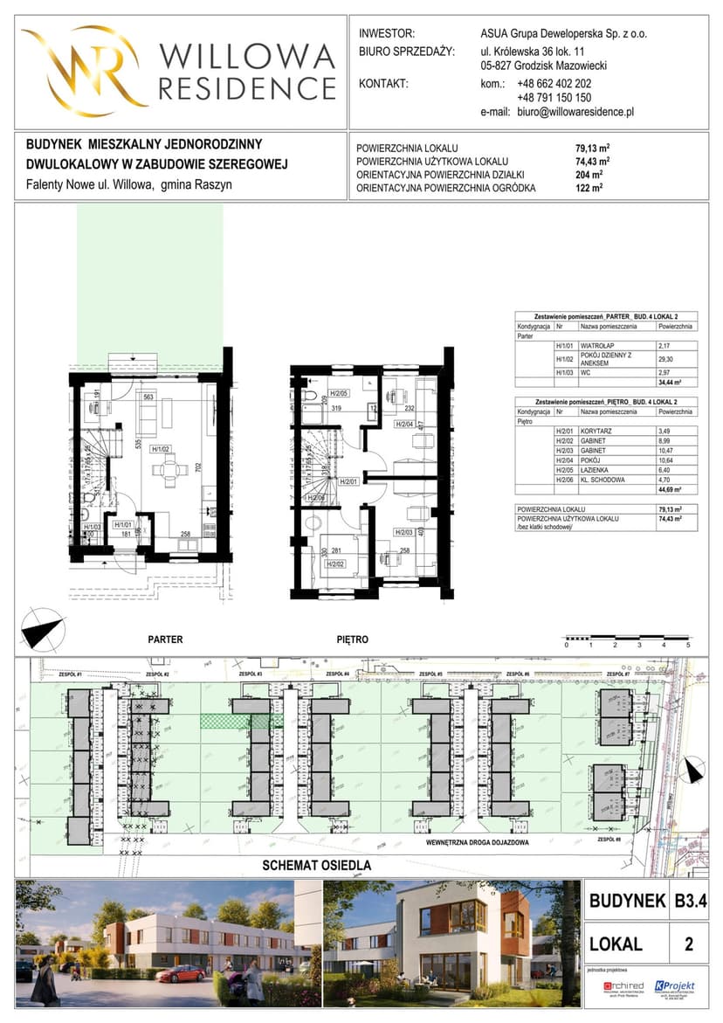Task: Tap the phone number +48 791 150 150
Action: [x=554, y=99]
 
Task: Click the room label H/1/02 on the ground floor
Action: [x=160, y=450]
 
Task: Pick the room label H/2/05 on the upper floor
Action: [x=338, y=394]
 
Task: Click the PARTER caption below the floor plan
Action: [x=165, y=639]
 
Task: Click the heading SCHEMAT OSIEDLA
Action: [x=318, y=866]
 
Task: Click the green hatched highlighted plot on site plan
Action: [x=234, y=721]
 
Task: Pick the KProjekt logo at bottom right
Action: [x=674, y=986]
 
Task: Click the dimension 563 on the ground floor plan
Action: [x=148, y=396]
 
